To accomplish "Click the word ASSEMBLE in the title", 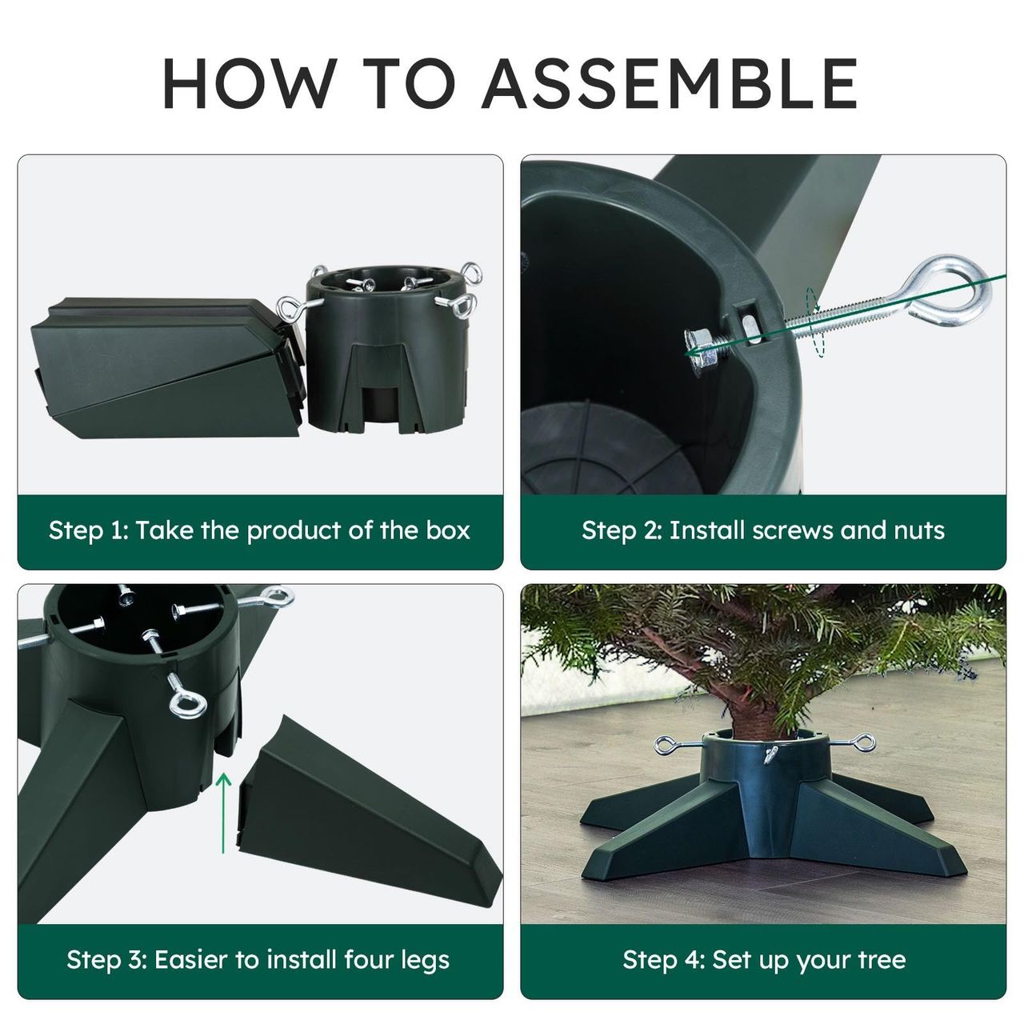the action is tap(670, 83).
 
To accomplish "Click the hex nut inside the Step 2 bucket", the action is tap(700, 350).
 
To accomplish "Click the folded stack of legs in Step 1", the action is tap(167, 367).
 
